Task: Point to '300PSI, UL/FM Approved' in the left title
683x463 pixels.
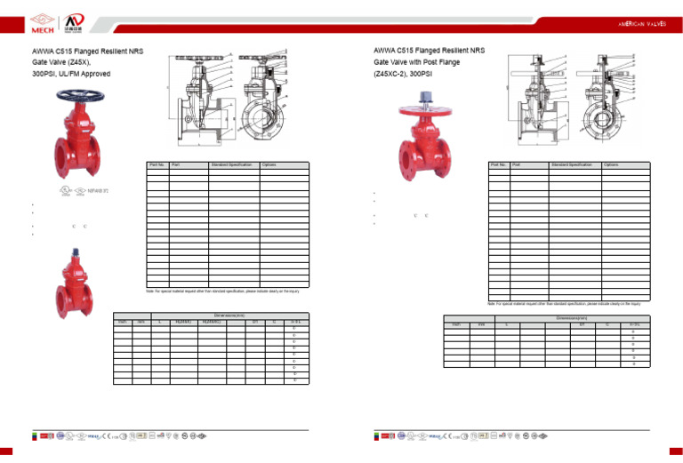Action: pos(71,74)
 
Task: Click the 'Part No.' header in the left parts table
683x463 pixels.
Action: pos(157,164)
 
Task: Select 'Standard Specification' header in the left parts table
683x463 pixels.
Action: pos(232,164)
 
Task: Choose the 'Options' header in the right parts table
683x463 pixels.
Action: pos(612,164)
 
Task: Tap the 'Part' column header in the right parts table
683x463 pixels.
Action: pos(516,164)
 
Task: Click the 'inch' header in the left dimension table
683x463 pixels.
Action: pos(122,322)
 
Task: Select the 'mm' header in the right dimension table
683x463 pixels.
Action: pos(482,325)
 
